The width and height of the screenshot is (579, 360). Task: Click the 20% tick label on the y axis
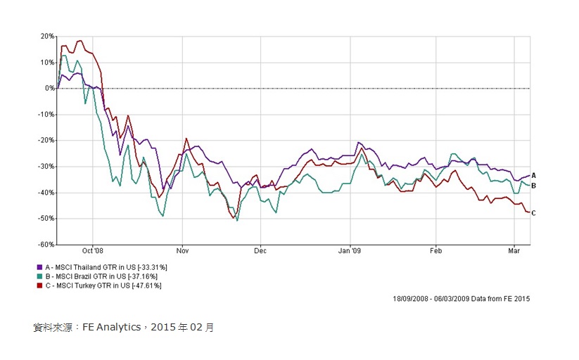47,36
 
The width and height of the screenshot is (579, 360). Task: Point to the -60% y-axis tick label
46,244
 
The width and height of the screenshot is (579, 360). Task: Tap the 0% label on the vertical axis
49,88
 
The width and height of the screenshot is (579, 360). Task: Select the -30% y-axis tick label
46,166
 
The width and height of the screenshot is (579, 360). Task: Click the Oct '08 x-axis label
92,250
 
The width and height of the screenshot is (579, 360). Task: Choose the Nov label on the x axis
182,250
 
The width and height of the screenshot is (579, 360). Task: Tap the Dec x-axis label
260,250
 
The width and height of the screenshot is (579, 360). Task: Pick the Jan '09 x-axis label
350,250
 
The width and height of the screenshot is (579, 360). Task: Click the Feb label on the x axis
435,250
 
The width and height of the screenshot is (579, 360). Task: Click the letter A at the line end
534,175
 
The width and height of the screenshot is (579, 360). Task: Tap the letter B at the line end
534,186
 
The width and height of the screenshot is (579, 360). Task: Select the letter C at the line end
534,213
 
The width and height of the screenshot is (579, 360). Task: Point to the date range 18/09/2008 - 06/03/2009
432,298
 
